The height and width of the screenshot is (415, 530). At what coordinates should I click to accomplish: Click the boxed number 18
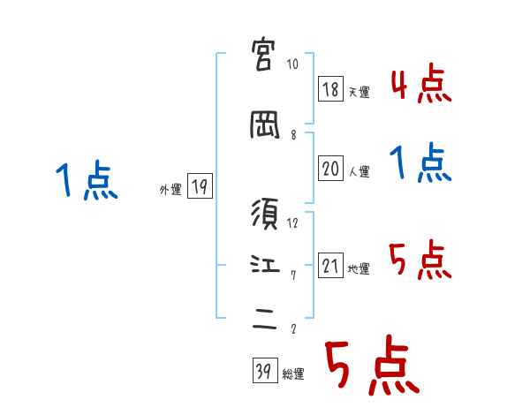[x=330, y=89]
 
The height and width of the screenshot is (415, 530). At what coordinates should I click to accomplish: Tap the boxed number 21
[x=330, y=266]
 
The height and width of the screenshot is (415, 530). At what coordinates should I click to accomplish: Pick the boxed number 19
[x=200, y=186]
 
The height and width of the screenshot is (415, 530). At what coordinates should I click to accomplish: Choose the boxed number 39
[x=264, y=372]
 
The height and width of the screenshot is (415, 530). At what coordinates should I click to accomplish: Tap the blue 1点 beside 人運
[x=420, y=163]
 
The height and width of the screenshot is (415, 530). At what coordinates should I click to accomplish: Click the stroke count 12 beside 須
[x=293, y=223]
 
